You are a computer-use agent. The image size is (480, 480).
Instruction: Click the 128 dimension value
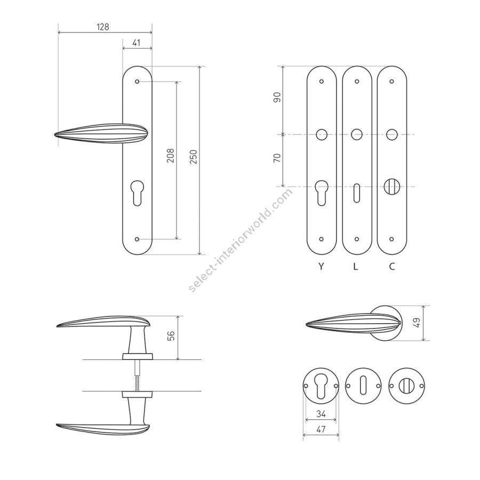coord(103,27)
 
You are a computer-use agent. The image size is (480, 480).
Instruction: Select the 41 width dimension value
coord(137,43)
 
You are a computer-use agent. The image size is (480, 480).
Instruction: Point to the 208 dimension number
coord(171,156)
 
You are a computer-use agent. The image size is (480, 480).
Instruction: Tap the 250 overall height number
coord(194,157)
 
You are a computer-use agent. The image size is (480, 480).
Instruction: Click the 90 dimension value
coord(277,98)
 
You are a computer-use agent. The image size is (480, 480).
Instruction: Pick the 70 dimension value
coord(277,158)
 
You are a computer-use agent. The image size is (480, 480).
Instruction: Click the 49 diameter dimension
coord(417,323)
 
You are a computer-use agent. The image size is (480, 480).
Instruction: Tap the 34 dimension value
coord(321,414)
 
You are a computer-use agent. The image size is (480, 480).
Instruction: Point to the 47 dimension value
coord(321,429)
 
